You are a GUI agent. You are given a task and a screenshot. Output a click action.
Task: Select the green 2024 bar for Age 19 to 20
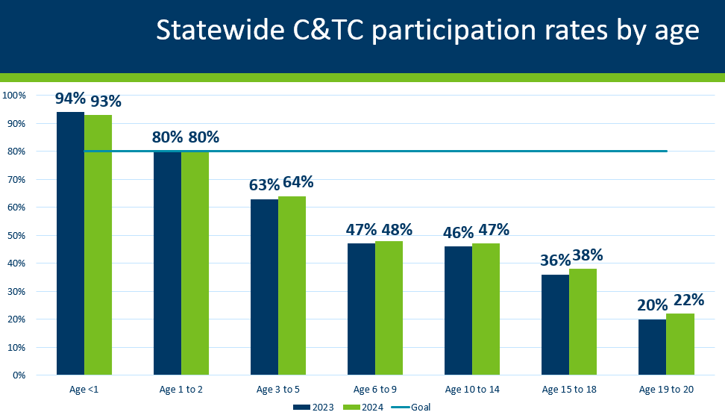[680, 344]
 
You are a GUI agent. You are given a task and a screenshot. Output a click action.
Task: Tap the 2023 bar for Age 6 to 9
[362, 309]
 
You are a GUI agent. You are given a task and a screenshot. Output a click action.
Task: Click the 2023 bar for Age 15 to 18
[555, 325]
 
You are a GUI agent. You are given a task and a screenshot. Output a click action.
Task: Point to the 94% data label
[70, 99]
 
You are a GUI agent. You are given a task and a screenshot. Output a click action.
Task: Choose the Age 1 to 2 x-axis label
[181, 390]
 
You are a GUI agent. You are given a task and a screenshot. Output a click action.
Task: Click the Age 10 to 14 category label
[472, 390]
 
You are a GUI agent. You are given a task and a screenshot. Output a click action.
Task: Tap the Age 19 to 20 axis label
[666, 390]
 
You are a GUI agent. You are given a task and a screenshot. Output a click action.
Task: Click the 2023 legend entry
[311, 407]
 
